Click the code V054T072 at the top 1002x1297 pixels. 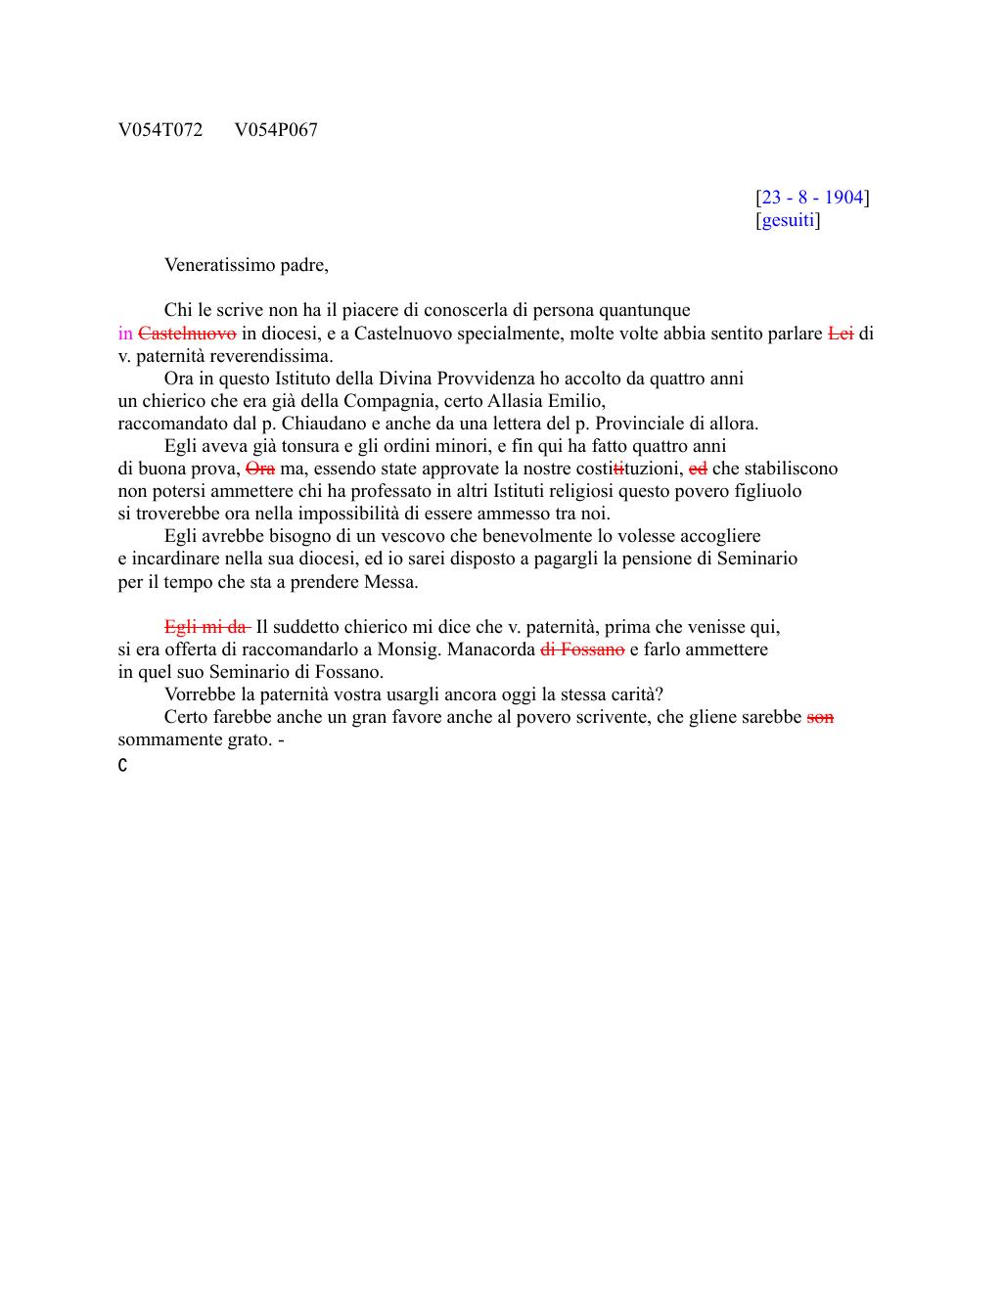(x=160, y=130)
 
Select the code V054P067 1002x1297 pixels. (x=276, y=130)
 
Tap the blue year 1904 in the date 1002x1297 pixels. (x=843, y=198)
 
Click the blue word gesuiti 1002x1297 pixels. (x=788, y=220)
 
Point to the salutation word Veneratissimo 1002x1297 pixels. (x=222, y=265)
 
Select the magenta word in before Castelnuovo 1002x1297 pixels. (x=125, y=334)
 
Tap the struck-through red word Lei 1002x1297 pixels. (x=841, y=334)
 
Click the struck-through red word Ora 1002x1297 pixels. (x=260, y=469)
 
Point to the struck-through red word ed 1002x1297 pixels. (x=698, y=469)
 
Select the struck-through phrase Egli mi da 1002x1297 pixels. (x=206, y=627)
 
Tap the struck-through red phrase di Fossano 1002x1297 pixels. (x=582, y=649)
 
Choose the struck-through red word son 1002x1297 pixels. (x=820, y=717)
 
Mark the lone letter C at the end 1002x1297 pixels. (x=122, y=766)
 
